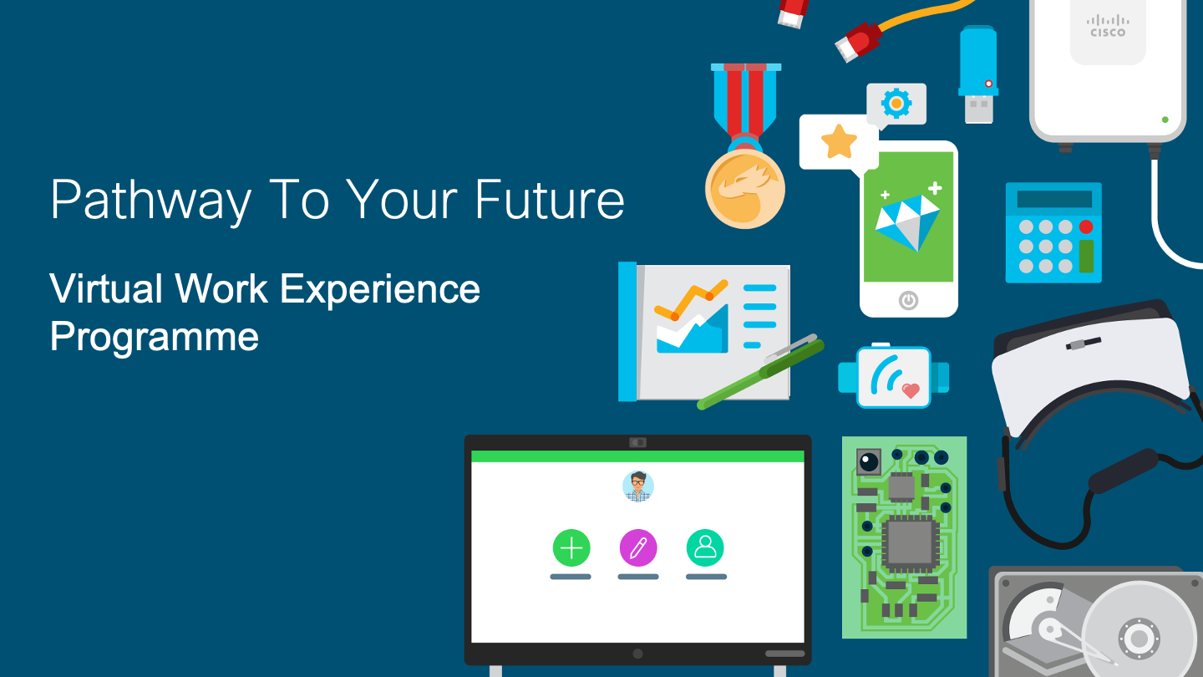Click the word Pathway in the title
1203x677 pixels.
click(151, 200)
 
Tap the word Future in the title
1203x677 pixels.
click(550, 199)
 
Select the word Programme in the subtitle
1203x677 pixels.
click(154, 337)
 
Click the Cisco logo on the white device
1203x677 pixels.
click(1108, 26)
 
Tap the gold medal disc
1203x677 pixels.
click(745, 189)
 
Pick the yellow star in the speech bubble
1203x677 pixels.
click(839, 142)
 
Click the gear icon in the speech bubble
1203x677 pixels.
click(896, 103)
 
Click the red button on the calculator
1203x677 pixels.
click(1086, 227)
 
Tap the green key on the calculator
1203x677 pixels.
click(1086, 257)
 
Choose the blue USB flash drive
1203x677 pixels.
click(978, 74)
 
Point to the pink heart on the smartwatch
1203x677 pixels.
click(911, 390)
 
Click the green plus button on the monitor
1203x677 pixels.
click(571, 548)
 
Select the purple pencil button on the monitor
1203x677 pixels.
click(638, 548)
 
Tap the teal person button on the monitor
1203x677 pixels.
click(705, 548)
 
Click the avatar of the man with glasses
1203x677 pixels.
click(638, 486)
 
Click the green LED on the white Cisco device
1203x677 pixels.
click(1165, 120)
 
